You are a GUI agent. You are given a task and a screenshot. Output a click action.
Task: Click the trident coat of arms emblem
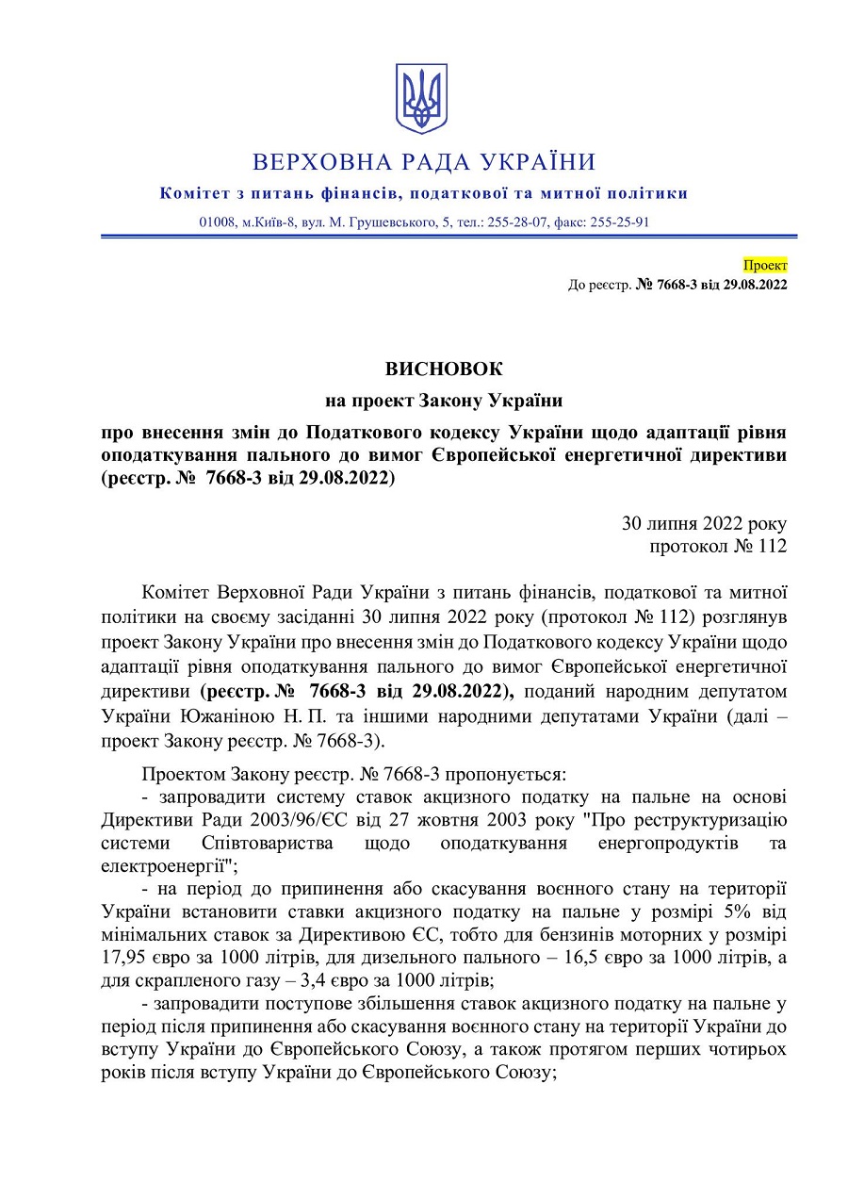click(x=421, y=98)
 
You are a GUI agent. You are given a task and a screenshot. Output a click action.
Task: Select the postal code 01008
click(x=218, y=222)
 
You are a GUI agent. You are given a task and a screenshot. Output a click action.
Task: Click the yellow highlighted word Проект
click(x=765, y=266)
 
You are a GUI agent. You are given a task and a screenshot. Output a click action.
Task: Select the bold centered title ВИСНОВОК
click(x=444, y=369)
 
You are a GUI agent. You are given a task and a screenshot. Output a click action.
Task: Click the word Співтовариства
click(x=268, y=842)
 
